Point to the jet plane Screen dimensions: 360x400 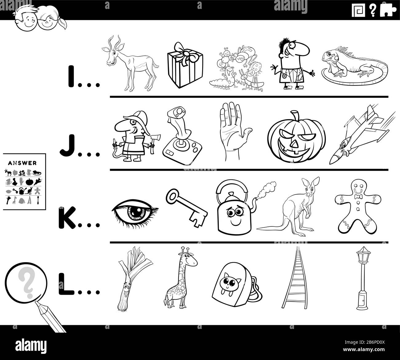pyautogui.click(x=360, y=135)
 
